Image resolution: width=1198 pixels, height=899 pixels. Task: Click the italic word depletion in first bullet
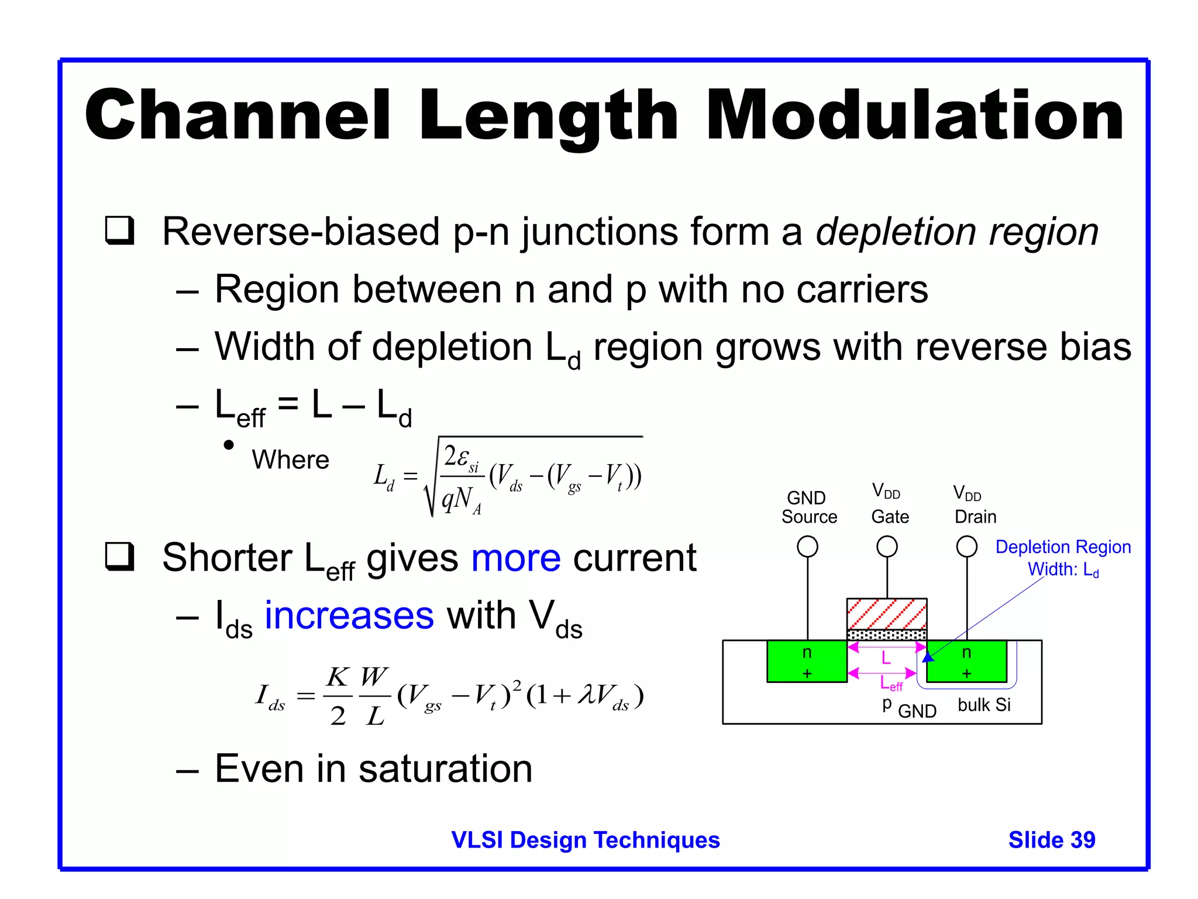pyautogui.click(x=896, y=232)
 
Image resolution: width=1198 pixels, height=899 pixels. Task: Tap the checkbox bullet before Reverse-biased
pyautogui.click(x=120, y=231)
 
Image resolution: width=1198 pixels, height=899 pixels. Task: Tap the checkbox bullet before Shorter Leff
pyautogui.click(x=120, y=557)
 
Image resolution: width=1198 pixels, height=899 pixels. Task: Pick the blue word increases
pyautogui.click(x=349, y=616)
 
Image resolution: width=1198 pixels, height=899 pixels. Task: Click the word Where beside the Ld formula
pyautogui.click(x=290, y=460)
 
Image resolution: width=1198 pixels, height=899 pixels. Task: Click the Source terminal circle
pyautogui.click(x=807, y=547)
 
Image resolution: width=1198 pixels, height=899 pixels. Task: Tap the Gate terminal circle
pyautogui.click(x=887, y=547)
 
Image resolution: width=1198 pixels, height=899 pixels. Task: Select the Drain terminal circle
pyautogui.click(x=966, y=547)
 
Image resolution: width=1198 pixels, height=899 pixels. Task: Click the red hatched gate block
pyautogui.click(x=887, y=613)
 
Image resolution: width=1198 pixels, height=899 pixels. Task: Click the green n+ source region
pyautogui.click(x=807, y=661)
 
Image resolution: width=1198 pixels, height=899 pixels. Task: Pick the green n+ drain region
pyautogui.click(x=966, y=661)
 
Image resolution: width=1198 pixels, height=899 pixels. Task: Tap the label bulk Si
pyautogui.click(x=984, y=705)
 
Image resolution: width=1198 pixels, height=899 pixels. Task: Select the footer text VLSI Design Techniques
pyautogui.click(x=585, y=840)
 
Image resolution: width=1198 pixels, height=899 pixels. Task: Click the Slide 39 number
pyautogui.click(x=1051, y=840)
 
